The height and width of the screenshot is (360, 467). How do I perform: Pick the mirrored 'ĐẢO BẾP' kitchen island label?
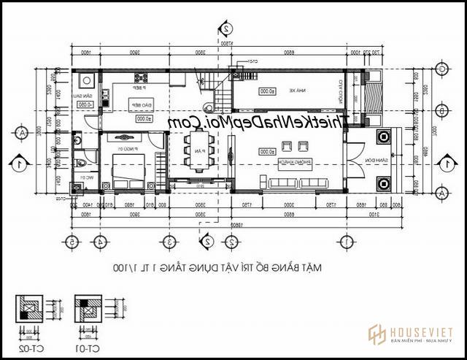pyautogui.click(x=140, y=105)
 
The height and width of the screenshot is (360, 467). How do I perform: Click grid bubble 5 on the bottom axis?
pyautogui.click(x=72, y=242)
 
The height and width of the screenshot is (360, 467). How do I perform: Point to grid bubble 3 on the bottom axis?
pyautogui.click(x=169, y=242)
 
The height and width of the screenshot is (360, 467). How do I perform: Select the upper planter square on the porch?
pyautogui.click(x=382, y=137)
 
